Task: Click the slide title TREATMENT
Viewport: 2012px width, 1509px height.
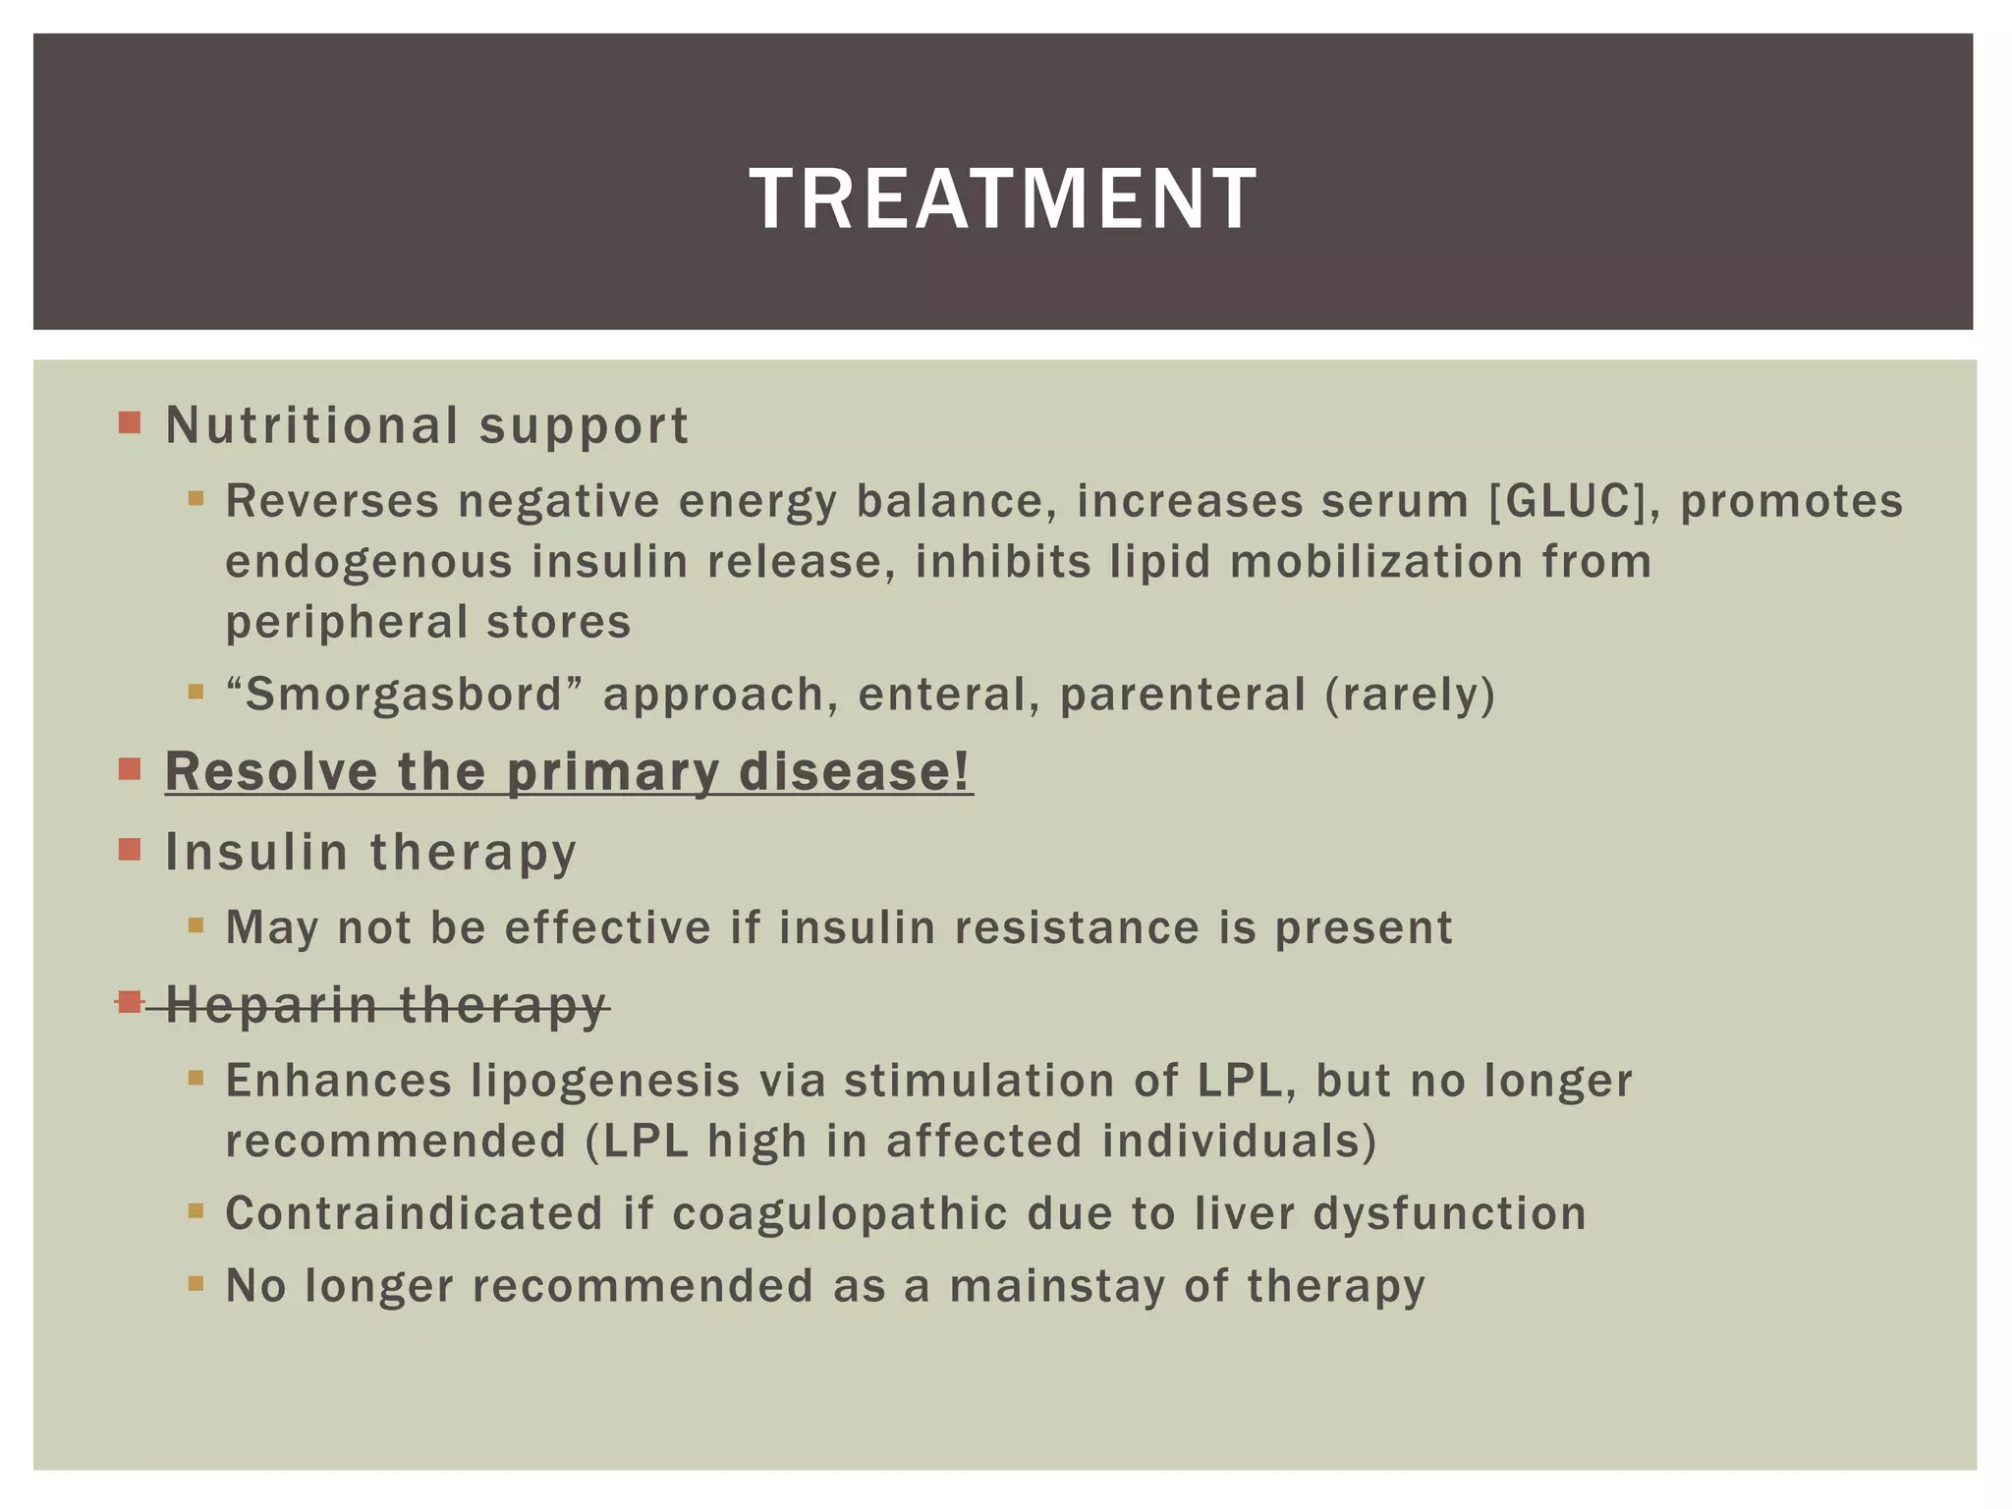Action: click(1002, 198)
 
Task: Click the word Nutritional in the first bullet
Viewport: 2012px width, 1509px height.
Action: click(311, 425)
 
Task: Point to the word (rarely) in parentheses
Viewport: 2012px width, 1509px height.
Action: click(1410, 694)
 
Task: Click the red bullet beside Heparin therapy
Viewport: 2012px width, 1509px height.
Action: click(130, 1001)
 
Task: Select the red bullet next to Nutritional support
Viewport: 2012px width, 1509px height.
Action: click(130, 422)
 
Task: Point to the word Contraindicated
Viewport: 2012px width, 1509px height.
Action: click(414, 1213)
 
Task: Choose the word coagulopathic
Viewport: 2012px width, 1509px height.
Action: click(840, 1213)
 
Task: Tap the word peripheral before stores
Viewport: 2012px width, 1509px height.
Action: click(347, 622)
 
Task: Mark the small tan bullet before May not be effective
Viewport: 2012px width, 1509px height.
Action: click(196, 924)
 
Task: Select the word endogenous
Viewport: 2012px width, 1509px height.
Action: click(368, 562)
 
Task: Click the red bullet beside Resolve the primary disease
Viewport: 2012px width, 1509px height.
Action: click(130, 768)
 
